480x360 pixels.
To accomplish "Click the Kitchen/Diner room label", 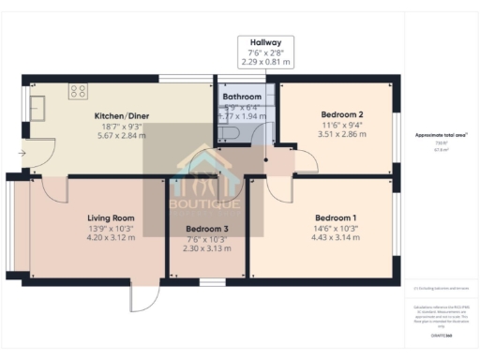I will [122, 116].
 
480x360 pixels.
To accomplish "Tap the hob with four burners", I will [79, 93].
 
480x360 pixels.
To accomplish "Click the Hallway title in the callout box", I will [265, 43].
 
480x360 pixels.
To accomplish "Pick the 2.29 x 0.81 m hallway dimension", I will [265, 62].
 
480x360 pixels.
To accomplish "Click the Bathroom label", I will [241, 97].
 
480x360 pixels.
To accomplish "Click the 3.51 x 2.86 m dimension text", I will [336, 133].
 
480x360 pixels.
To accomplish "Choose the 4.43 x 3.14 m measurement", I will [335, 236].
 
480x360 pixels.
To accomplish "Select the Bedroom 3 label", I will [206, 229].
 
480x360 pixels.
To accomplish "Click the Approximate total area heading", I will [441, 136].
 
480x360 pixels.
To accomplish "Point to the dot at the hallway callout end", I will [266, 158].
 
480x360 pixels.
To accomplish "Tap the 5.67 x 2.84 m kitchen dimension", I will [122, 136].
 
